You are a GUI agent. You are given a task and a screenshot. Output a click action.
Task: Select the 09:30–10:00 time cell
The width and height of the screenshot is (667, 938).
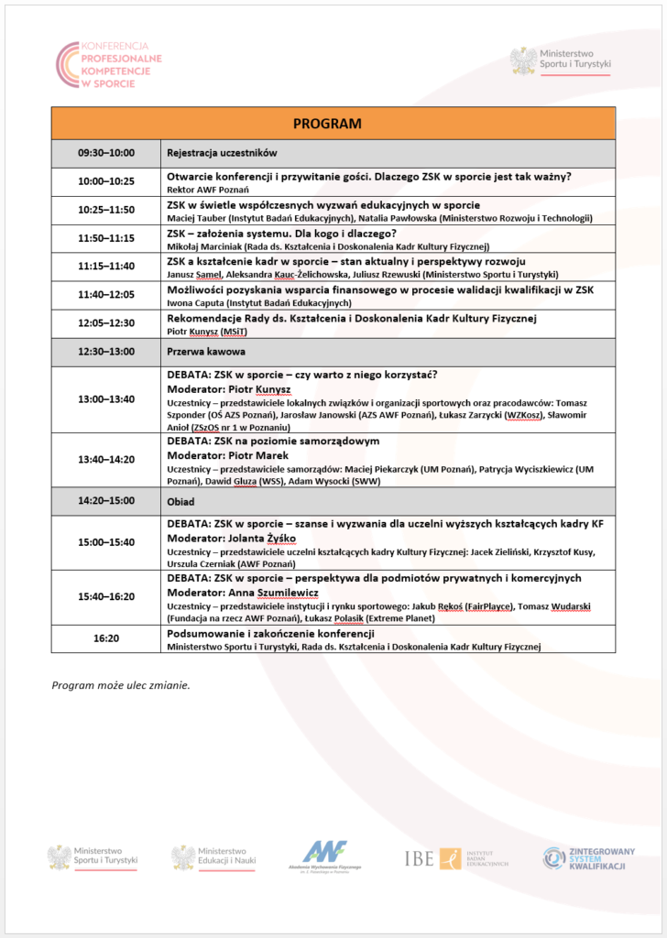[106, 153]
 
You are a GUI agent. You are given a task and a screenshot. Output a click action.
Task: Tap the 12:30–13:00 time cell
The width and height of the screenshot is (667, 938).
[106, 351]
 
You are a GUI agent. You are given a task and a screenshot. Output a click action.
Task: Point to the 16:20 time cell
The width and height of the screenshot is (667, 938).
[106, 638]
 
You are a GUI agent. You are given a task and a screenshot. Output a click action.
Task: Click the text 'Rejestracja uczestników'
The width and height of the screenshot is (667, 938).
[222, 153]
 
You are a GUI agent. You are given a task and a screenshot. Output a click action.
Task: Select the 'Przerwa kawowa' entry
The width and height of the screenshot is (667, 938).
[204, 351]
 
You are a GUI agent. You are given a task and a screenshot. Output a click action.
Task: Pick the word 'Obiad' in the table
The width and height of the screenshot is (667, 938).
[181, 501]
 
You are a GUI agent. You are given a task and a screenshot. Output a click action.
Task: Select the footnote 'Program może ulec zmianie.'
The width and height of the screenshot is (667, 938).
[121, 684]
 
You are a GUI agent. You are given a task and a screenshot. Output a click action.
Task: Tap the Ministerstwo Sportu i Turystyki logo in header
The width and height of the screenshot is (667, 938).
[560, 61]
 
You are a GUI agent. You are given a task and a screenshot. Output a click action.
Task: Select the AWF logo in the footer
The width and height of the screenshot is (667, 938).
[332, 857]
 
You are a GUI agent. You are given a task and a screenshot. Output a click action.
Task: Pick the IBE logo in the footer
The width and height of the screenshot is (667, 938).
[455, 858]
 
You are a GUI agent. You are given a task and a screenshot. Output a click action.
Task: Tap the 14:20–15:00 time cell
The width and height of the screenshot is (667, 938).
[106, 501]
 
